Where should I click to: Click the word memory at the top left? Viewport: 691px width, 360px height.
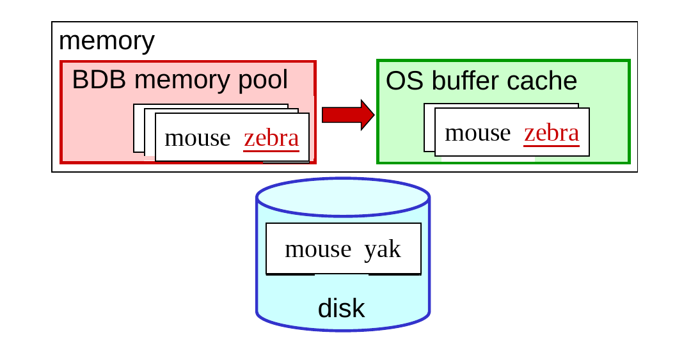click(x=107, y=41)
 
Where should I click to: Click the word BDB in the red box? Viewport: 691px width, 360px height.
click(x=99, y=80)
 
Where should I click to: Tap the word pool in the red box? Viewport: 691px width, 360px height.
click(x=263, y=80)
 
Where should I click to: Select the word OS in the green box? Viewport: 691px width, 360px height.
click(x=404, y=81)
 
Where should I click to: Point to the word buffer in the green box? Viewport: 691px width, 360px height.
click(x=465, y=81)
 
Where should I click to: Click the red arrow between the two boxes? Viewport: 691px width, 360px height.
click(x=348, y=115)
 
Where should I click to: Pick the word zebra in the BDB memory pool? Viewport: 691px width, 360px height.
click(x=271, y=138)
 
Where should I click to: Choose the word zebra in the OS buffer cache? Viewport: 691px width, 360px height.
click(x=552, y=133)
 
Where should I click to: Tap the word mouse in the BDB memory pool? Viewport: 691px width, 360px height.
click(x=198, y=138)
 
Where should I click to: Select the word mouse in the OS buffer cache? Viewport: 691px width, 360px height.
click(x=478, y=134)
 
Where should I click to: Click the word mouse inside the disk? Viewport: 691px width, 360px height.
click(x=318, y=249)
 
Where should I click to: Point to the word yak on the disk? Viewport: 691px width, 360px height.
click(x=383, y=250)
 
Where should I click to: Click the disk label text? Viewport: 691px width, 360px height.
click(x=341, y=308)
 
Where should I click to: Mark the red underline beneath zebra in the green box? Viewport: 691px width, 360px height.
click(x=552, y=145)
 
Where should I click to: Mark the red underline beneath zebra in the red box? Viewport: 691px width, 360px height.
click(x=271, y=151)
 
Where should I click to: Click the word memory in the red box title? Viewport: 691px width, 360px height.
click(x=182, y=80)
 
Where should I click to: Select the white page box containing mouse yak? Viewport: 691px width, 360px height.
click(x=344, y=249)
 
